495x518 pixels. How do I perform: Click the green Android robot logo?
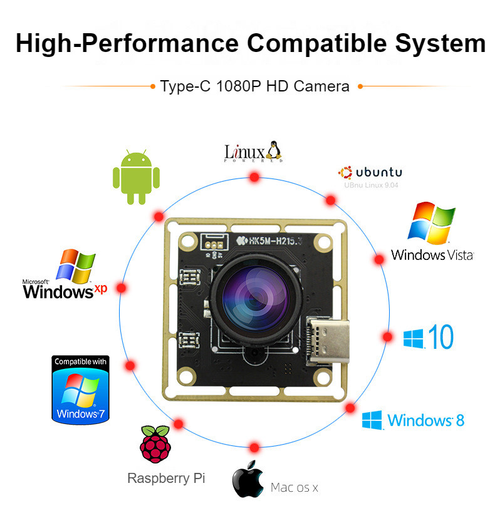click(x=135, y=177)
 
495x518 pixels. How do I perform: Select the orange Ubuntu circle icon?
click(x=345, y=172)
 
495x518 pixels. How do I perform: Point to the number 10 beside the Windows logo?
click(x=440, y=337)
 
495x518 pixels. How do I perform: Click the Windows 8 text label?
click(x=426, y=420)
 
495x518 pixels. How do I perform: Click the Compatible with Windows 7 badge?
click(x=80, y=390)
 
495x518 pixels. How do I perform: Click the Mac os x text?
click(x=294, y=487)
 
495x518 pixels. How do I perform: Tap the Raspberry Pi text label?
click(x=166, y=478)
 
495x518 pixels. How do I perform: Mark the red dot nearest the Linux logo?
click(x=254, y=177)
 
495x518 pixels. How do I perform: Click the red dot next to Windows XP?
click(x=122, y=288)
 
